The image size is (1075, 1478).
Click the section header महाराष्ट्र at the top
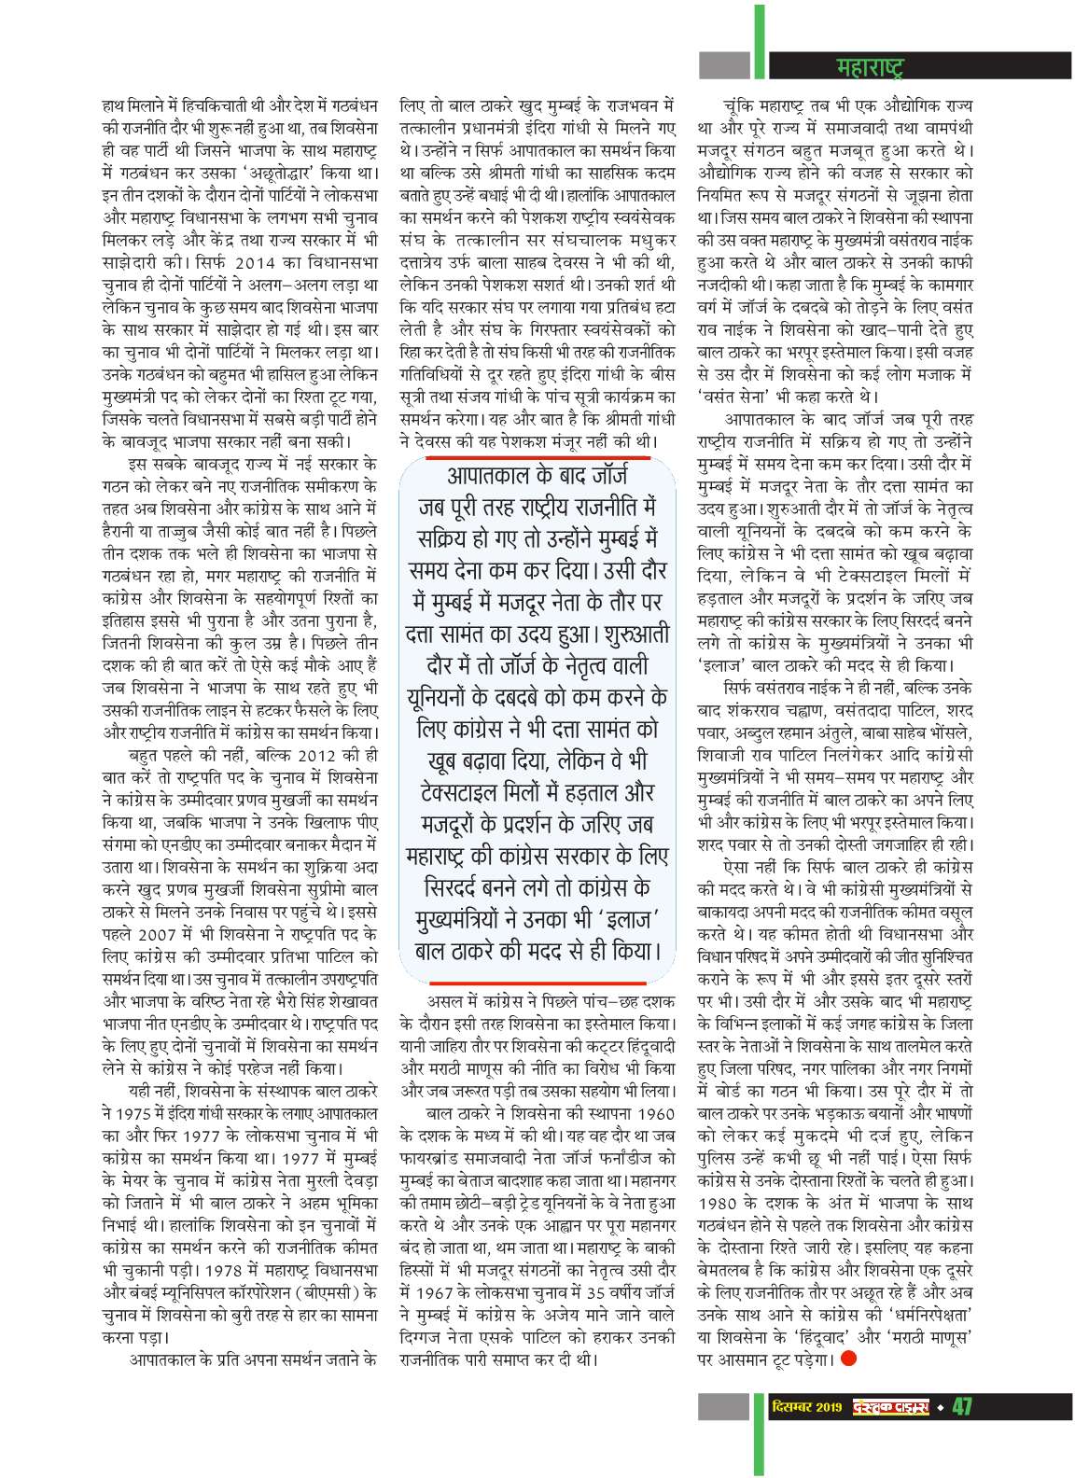tap(869, 67)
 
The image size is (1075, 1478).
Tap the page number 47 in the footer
tap(961, 1405)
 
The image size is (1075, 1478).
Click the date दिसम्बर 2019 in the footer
tap(803, 1406)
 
